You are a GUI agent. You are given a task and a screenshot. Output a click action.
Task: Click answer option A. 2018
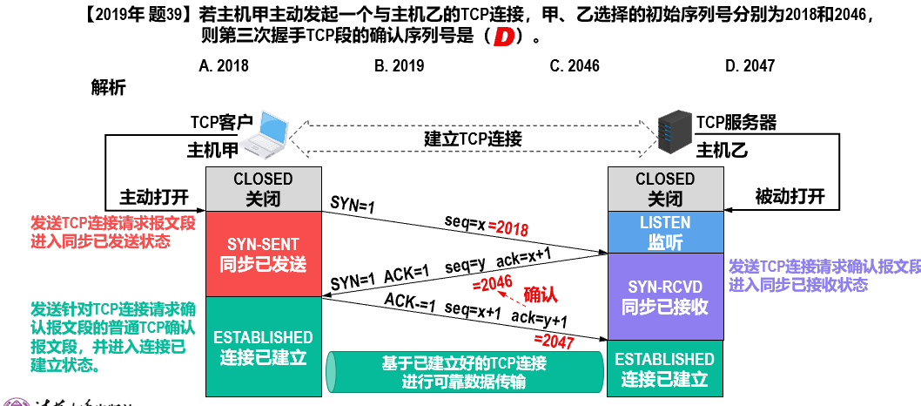(224, 65)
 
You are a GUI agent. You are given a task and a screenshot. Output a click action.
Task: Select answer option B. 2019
(399, 65)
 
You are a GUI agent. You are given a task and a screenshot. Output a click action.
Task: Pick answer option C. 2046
(575, 65)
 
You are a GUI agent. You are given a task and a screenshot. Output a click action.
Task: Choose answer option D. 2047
(750, 65)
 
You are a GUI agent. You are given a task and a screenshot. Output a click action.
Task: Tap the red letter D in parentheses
(502, 38)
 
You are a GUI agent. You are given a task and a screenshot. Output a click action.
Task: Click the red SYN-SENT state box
(263, 253)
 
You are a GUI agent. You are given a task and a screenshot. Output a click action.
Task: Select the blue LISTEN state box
(665, 232)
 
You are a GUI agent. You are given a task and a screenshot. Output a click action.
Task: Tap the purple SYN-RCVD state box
(665, 296)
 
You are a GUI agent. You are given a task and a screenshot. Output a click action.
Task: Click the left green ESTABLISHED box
(263, 347)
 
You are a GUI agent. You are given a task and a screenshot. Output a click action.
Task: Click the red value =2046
(490, 284)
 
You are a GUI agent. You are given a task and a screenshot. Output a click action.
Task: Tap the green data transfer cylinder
(463, 372)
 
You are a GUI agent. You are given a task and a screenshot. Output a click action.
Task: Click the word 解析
(108, 87)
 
